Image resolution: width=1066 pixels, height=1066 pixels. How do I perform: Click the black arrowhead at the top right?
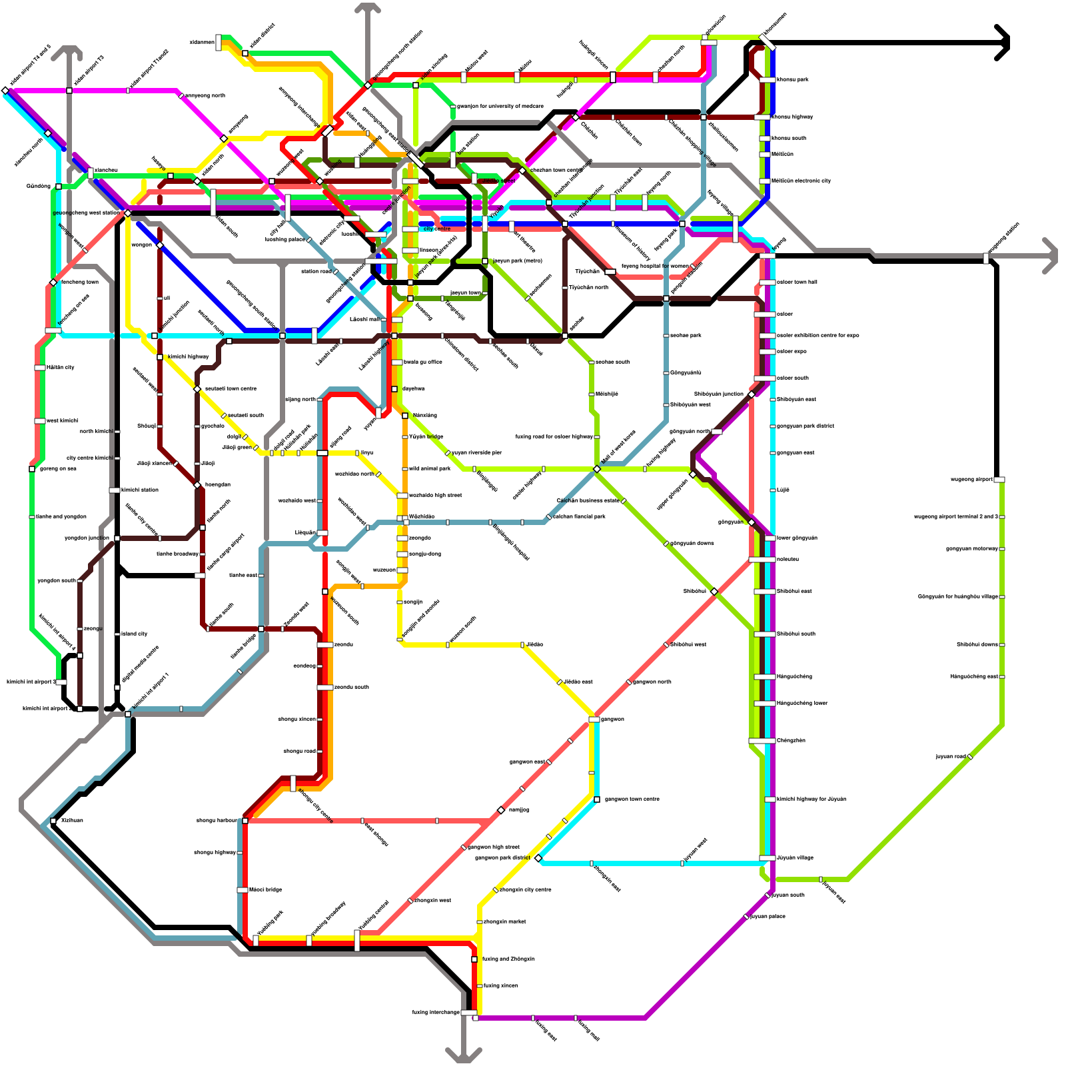click(1003, 43)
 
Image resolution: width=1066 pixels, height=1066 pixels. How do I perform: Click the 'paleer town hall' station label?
click(797, 282)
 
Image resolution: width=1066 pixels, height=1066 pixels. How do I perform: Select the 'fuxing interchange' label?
click(436, 1012)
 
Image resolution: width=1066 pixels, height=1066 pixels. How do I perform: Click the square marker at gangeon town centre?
click(597, 799)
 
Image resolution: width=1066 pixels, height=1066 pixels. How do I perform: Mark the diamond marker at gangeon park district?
click(538, 858)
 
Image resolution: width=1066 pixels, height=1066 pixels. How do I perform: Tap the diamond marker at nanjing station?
click(501, 810)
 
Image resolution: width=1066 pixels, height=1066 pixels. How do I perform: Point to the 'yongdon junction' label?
click(87, 538)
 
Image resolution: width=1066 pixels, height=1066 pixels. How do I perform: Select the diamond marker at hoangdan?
click(197, 485)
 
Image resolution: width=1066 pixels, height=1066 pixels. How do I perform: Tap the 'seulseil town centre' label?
click(230, 388)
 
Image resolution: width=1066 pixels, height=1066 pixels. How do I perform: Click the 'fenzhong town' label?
click(79, 282)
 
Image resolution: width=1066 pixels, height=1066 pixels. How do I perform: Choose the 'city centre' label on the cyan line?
click(437, 229)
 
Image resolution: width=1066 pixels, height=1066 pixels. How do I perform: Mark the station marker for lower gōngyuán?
click(770, 538)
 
